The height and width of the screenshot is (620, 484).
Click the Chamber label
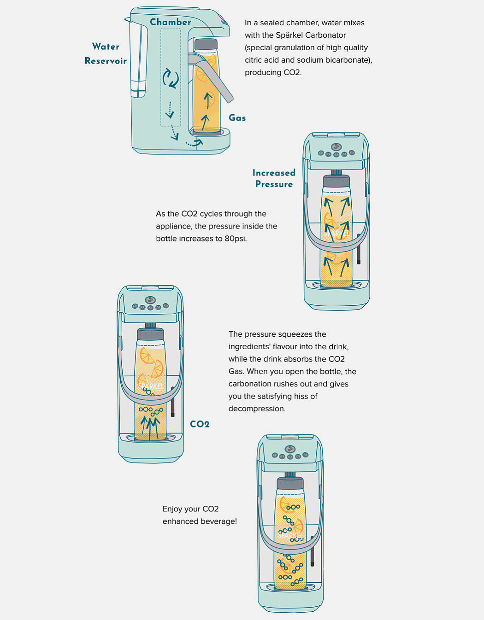171,22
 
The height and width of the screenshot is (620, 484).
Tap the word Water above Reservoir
106,46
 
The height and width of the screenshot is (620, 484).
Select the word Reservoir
106,61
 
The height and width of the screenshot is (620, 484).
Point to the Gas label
237,118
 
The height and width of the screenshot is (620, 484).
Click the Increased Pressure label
274,178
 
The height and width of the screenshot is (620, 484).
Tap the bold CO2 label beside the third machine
200,424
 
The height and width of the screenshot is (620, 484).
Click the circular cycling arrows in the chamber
171,78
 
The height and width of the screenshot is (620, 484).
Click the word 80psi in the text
236,239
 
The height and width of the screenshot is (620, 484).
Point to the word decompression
257,409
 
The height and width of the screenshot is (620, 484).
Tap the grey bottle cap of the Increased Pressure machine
336,181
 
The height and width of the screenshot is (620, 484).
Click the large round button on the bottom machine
290,449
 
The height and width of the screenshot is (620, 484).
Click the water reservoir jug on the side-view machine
139,58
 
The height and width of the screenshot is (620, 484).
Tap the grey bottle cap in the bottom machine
290,483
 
